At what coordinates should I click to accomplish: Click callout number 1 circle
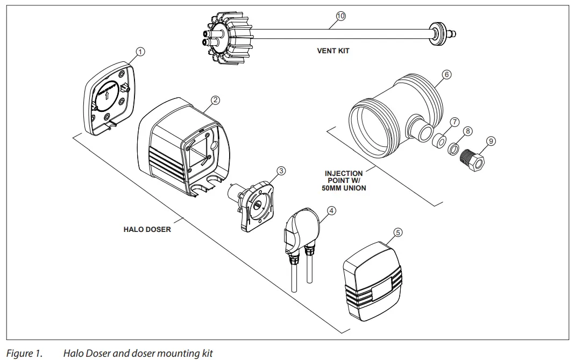click(140, 52)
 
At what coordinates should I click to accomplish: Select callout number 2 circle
click(215, 100)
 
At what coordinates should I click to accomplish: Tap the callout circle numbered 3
click(281, 171)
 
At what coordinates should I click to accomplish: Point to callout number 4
click(331, 210)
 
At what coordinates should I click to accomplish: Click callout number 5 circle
click(397, 232)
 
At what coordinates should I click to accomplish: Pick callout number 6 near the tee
click(446, 75)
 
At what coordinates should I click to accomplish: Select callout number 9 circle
click(491, 141)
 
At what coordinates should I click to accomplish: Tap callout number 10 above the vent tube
click(340, 16)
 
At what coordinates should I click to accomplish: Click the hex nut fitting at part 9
click(476, 158)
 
